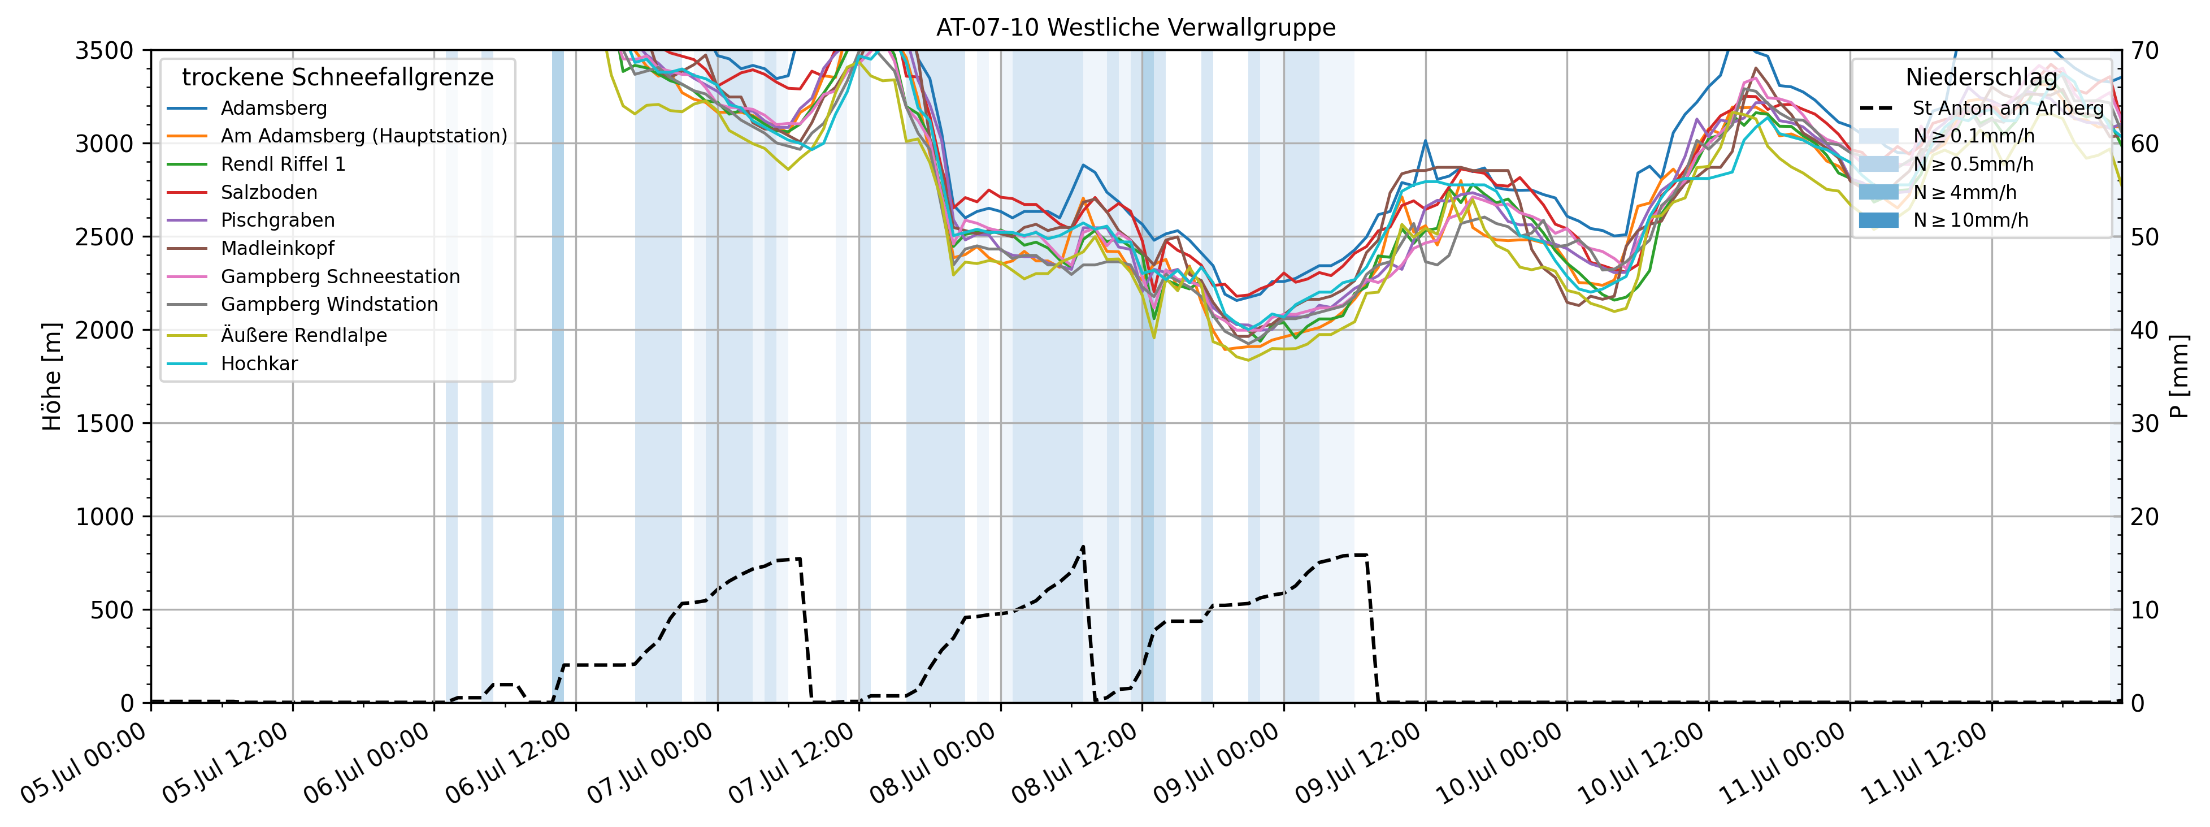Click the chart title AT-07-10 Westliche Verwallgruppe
[1135, 28]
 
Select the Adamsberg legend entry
[273, 108]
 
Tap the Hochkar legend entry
[259, 363]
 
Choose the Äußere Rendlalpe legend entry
[303, 335]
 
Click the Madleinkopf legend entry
[277, 248]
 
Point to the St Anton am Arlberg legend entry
[2008, 108]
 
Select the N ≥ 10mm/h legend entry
[1970, 220]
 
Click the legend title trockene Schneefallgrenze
[337, 77]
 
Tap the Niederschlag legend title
[1981, 77]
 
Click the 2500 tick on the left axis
[105, 237]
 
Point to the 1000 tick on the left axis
[105, 517]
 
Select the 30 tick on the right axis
[2145, 423]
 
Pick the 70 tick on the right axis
[2145, 50]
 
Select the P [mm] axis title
[2180, 376]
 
